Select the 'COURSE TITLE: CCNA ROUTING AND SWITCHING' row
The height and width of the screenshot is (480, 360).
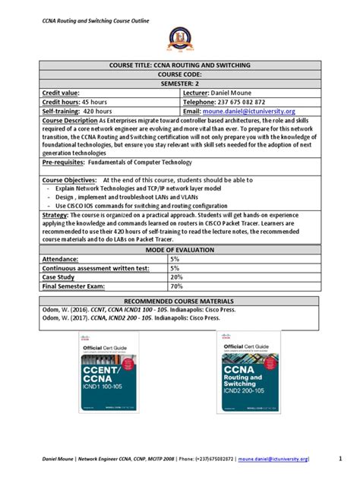point(179,65)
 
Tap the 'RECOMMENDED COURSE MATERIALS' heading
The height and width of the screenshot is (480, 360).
point(179,302)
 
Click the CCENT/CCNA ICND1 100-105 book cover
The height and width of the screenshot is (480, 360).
point(106,372)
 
